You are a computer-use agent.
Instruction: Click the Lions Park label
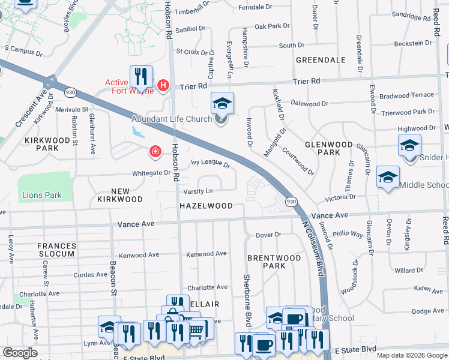tap(41, 195)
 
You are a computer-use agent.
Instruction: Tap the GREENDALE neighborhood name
tap(321, 60)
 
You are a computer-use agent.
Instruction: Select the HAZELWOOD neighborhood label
tap(206, 206)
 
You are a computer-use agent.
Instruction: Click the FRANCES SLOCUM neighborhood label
tap(56, 250)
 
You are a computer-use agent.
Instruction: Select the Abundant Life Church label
tap(175, 119)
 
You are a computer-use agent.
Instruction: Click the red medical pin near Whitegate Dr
tap(155, 151)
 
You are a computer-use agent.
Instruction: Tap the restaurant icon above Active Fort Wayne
tap(141, 76)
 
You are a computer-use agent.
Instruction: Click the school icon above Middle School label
tap(388, 177)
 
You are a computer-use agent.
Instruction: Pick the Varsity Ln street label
tap(198, 191)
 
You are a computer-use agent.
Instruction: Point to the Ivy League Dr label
tap(211, 163)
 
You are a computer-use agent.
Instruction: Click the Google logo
tap(20, 353)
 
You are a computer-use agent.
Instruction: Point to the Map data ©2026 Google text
tap(412, 355)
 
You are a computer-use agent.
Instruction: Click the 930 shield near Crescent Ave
tap(71, 92)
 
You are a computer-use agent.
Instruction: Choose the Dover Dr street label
tap(268, 235)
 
